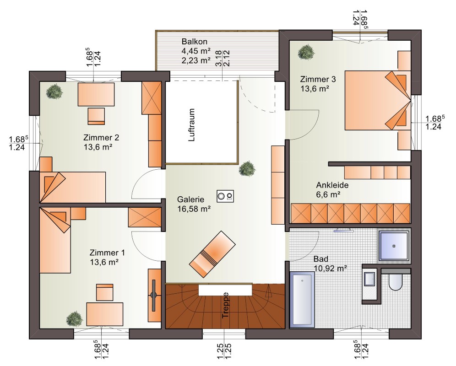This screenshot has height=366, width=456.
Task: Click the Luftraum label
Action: point(191,125)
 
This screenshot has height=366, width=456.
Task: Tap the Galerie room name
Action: point(191,199)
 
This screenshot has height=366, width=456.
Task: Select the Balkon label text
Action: point(194,41)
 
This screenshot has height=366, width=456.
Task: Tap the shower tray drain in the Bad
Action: point(394,246)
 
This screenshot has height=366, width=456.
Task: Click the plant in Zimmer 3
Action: point(306,52)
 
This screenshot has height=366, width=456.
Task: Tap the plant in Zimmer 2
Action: point(54,91)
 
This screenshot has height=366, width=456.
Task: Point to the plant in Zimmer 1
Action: point(75,319)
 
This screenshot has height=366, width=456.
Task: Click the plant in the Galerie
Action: point(247,169)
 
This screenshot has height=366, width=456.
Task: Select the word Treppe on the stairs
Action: point(225,305)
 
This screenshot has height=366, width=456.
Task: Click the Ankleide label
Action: point(332,185)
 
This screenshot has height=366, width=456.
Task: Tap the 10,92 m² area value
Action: point(331,268)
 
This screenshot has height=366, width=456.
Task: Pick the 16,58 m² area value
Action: point(194,209)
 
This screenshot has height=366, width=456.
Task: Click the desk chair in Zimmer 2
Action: point(96,116)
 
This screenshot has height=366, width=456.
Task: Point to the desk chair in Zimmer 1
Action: point(104,292)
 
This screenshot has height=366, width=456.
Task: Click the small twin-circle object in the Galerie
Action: point(225,196)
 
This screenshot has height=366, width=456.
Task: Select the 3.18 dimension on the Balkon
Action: point(219,59)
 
